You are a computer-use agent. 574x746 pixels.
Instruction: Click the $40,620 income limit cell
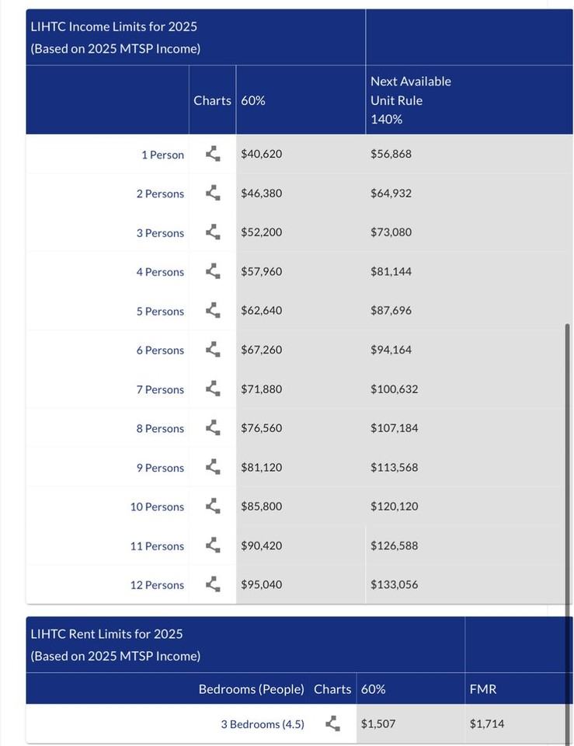(262, 154)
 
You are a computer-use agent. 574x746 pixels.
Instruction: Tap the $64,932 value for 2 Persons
(391, 193)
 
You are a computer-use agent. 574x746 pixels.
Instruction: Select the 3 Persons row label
(160, 233)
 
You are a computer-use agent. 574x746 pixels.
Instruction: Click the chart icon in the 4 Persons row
(213, 271)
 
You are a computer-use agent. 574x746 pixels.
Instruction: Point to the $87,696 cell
(391, 311)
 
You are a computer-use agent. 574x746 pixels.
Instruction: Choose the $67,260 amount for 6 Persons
(262, 350)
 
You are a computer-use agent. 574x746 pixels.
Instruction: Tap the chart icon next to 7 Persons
(213, 389)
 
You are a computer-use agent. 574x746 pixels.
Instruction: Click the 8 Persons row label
(160, 429)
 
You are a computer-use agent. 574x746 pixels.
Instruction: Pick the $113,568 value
(395, 468)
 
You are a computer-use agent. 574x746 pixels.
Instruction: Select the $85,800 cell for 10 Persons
(262, 507)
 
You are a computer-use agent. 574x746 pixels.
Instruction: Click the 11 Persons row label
(157, 546)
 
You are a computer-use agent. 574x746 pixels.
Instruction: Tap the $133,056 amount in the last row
(395, 584)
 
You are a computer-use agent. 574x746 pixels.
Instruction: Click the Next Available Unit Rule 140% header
(411, 100)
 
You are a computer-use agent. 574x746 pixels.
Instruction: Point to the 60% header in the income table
(253, 100)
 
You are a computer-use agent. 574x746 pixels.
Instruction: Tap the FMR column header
(483, 689)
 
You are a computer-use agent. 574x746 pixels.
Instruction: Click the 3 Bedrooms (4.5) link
(263, 724)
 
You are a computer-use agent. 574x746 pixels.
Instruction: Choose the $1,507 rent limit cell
(378, 724)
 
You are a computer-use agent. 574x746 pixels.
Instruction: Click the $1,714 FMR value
(487, 724)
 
